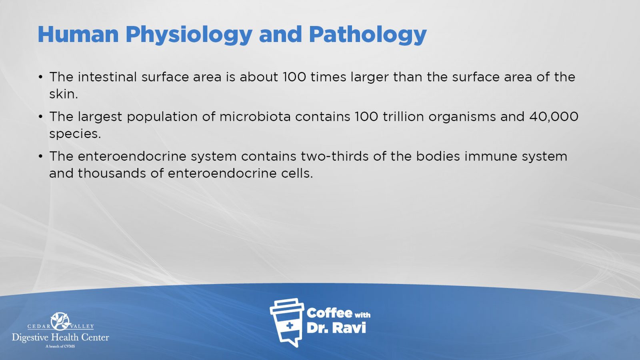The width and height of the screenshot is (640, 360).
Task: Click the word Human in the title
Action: pyautogui.click(x=78, y=34)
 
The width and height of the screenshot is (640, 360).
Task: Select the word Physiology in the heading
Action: pyautogui.click(x=189, y=35)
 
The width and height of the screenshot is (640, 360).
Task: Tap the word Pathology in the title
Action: pyautogui.click(x=368, y=35)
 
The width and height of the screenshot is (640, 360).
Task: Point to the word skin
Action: pyautogui.click(x=63, y=94)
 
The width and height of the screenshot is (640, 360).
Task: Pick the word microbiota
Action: pyautogui.click(x=255, y=116)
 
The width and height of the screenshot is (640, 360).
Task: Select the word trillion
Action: pyautogui.click(x=403, y=116)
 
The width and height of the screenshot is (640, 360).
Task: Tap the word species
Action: pyautogui.click(x=75, y=134)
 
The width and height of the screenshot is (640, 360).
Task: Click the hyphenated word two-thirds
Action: pyautogui.click(x=334, y=156)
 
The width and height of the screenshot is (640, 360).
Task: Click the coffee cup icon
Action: pyautogui.click(x=286, y=322)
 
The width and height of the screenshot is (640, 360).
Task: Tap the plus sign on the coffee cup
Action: pyautogui.click(x=290, y=326)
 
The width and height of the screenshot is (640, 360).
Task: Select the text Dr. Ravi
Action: pyautogui.click(x=336, y=328)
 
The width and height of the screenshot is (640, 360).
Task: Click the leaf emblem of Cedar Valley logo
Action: pyautogui.click(x=60, y=322)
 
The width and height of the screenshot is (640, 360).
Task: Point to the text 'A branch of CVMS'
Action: pyautogui.click(x=60, y=346)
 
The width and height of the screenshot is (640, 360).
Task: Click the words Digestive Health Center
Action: pyautogui.click(x=60, y=338)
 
